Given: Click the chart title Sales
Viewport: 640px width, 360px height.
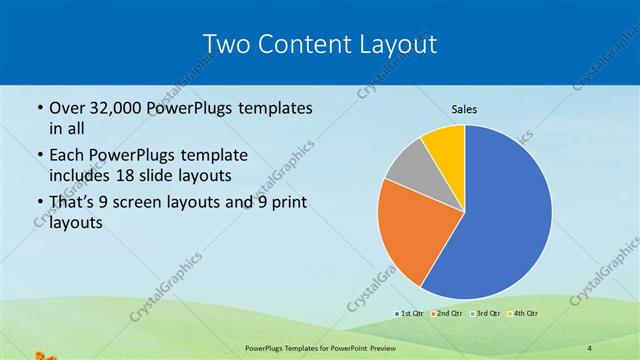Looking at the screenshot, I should [x=463, y=109].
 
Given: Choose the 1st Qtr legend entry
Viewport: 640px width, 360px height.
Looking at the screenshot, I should [x=409, y=313].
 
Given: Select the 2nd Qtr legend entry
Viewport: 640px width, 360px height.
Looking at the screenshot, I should [x=448, y=313].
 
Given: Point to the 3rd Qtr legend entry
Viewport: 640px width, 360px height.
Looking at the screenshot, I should [x=487, y=313].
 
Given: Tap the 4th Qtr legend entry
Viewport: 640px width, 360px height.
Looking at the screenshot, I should [x=525, y=313].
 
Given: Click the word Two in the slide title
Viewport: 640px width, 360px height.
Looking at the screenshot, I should [x=225, y=43].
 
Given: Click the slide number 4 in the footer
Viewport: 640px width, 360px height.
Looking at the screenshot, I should [x=590, y=347].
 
